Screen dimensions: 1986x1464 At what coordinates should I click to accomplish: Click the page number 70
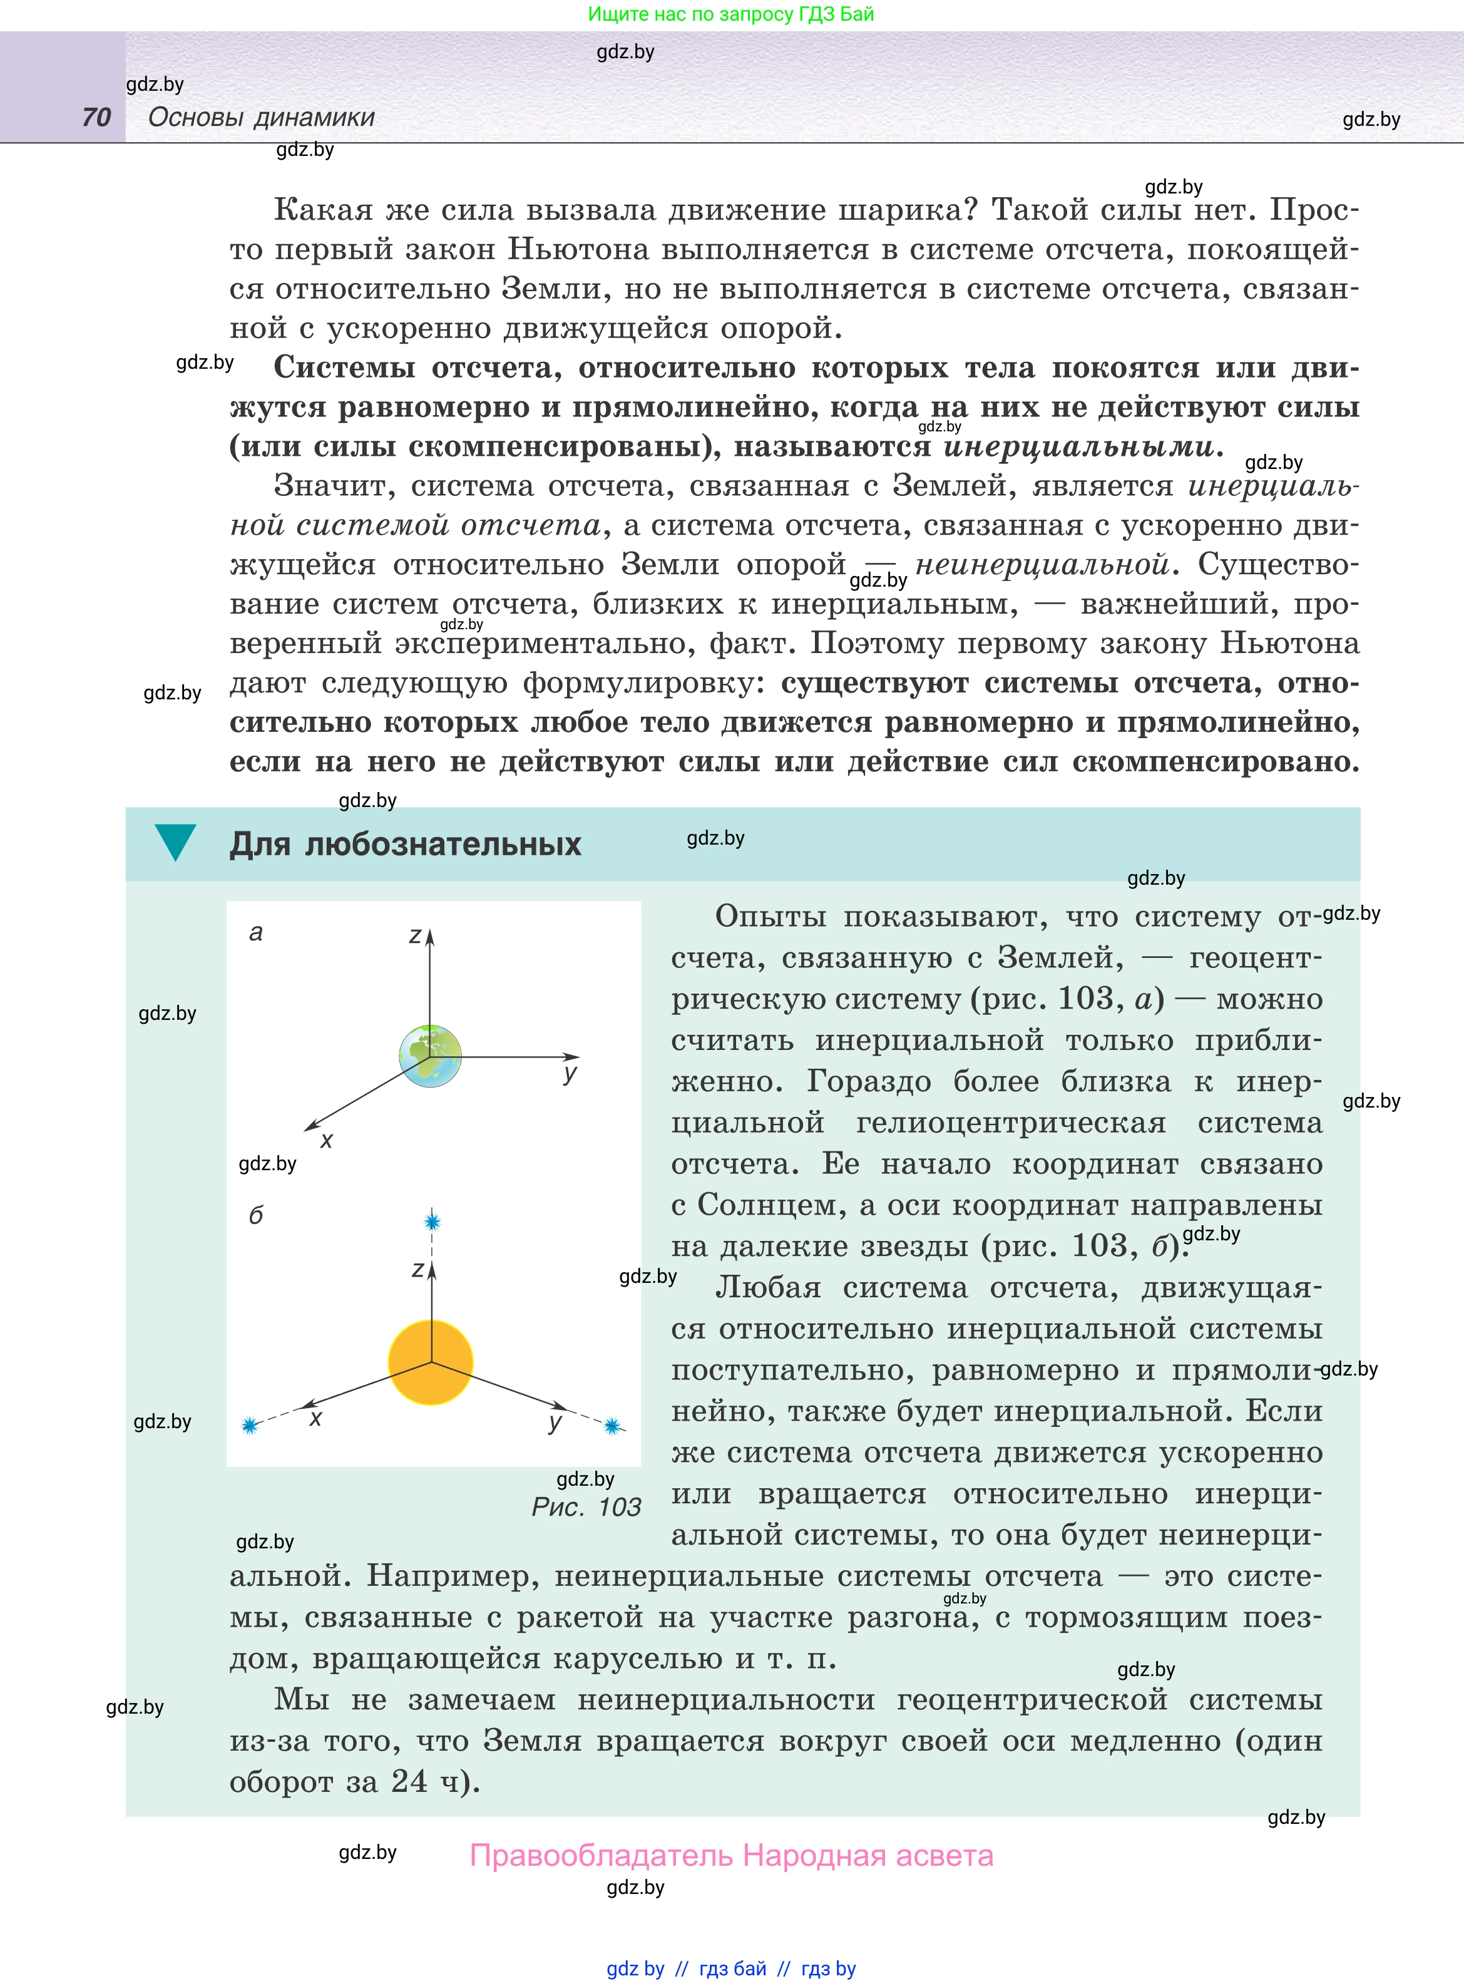96,117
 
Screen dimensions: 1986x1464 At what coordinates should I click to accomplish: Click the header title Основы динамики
262,117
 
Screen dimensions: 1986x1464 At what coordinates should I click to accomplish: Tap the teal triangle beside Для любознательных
175,841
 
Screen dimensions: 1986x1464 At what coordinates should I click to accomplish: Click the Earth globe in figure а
431,1056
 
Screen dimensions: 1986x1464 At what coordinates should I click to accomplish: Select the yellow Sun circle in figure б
431,1362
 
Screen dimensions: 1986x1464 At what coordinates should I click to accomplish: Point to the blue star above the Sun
433,1222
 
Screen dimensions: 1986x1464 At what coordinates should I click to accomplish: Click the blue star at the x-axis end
250,1425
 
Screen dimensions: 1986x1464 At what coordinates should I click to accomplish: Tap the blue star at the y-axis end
612,1426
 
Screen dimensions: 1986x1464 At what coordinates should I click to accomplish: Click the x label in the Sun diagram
315,1419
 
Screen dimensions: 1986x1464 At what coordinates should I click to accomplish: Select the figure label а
256,932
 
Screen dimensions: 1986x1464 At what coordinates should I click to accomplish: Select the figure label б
256,1215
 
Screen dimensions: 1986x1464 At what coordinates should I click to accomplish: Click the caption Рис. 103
586,1506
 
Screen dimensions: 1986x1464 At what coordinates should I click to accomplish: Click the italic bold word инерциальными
1078,446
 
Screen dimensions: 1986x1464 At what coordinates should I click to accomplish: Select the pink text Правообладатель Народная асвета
731,1855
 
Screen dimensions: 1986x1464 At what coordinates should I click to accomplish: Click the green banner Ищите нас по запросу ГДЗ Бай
731,14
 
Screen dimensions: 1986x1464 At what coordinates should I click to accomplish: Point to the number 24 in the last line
409,1781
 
